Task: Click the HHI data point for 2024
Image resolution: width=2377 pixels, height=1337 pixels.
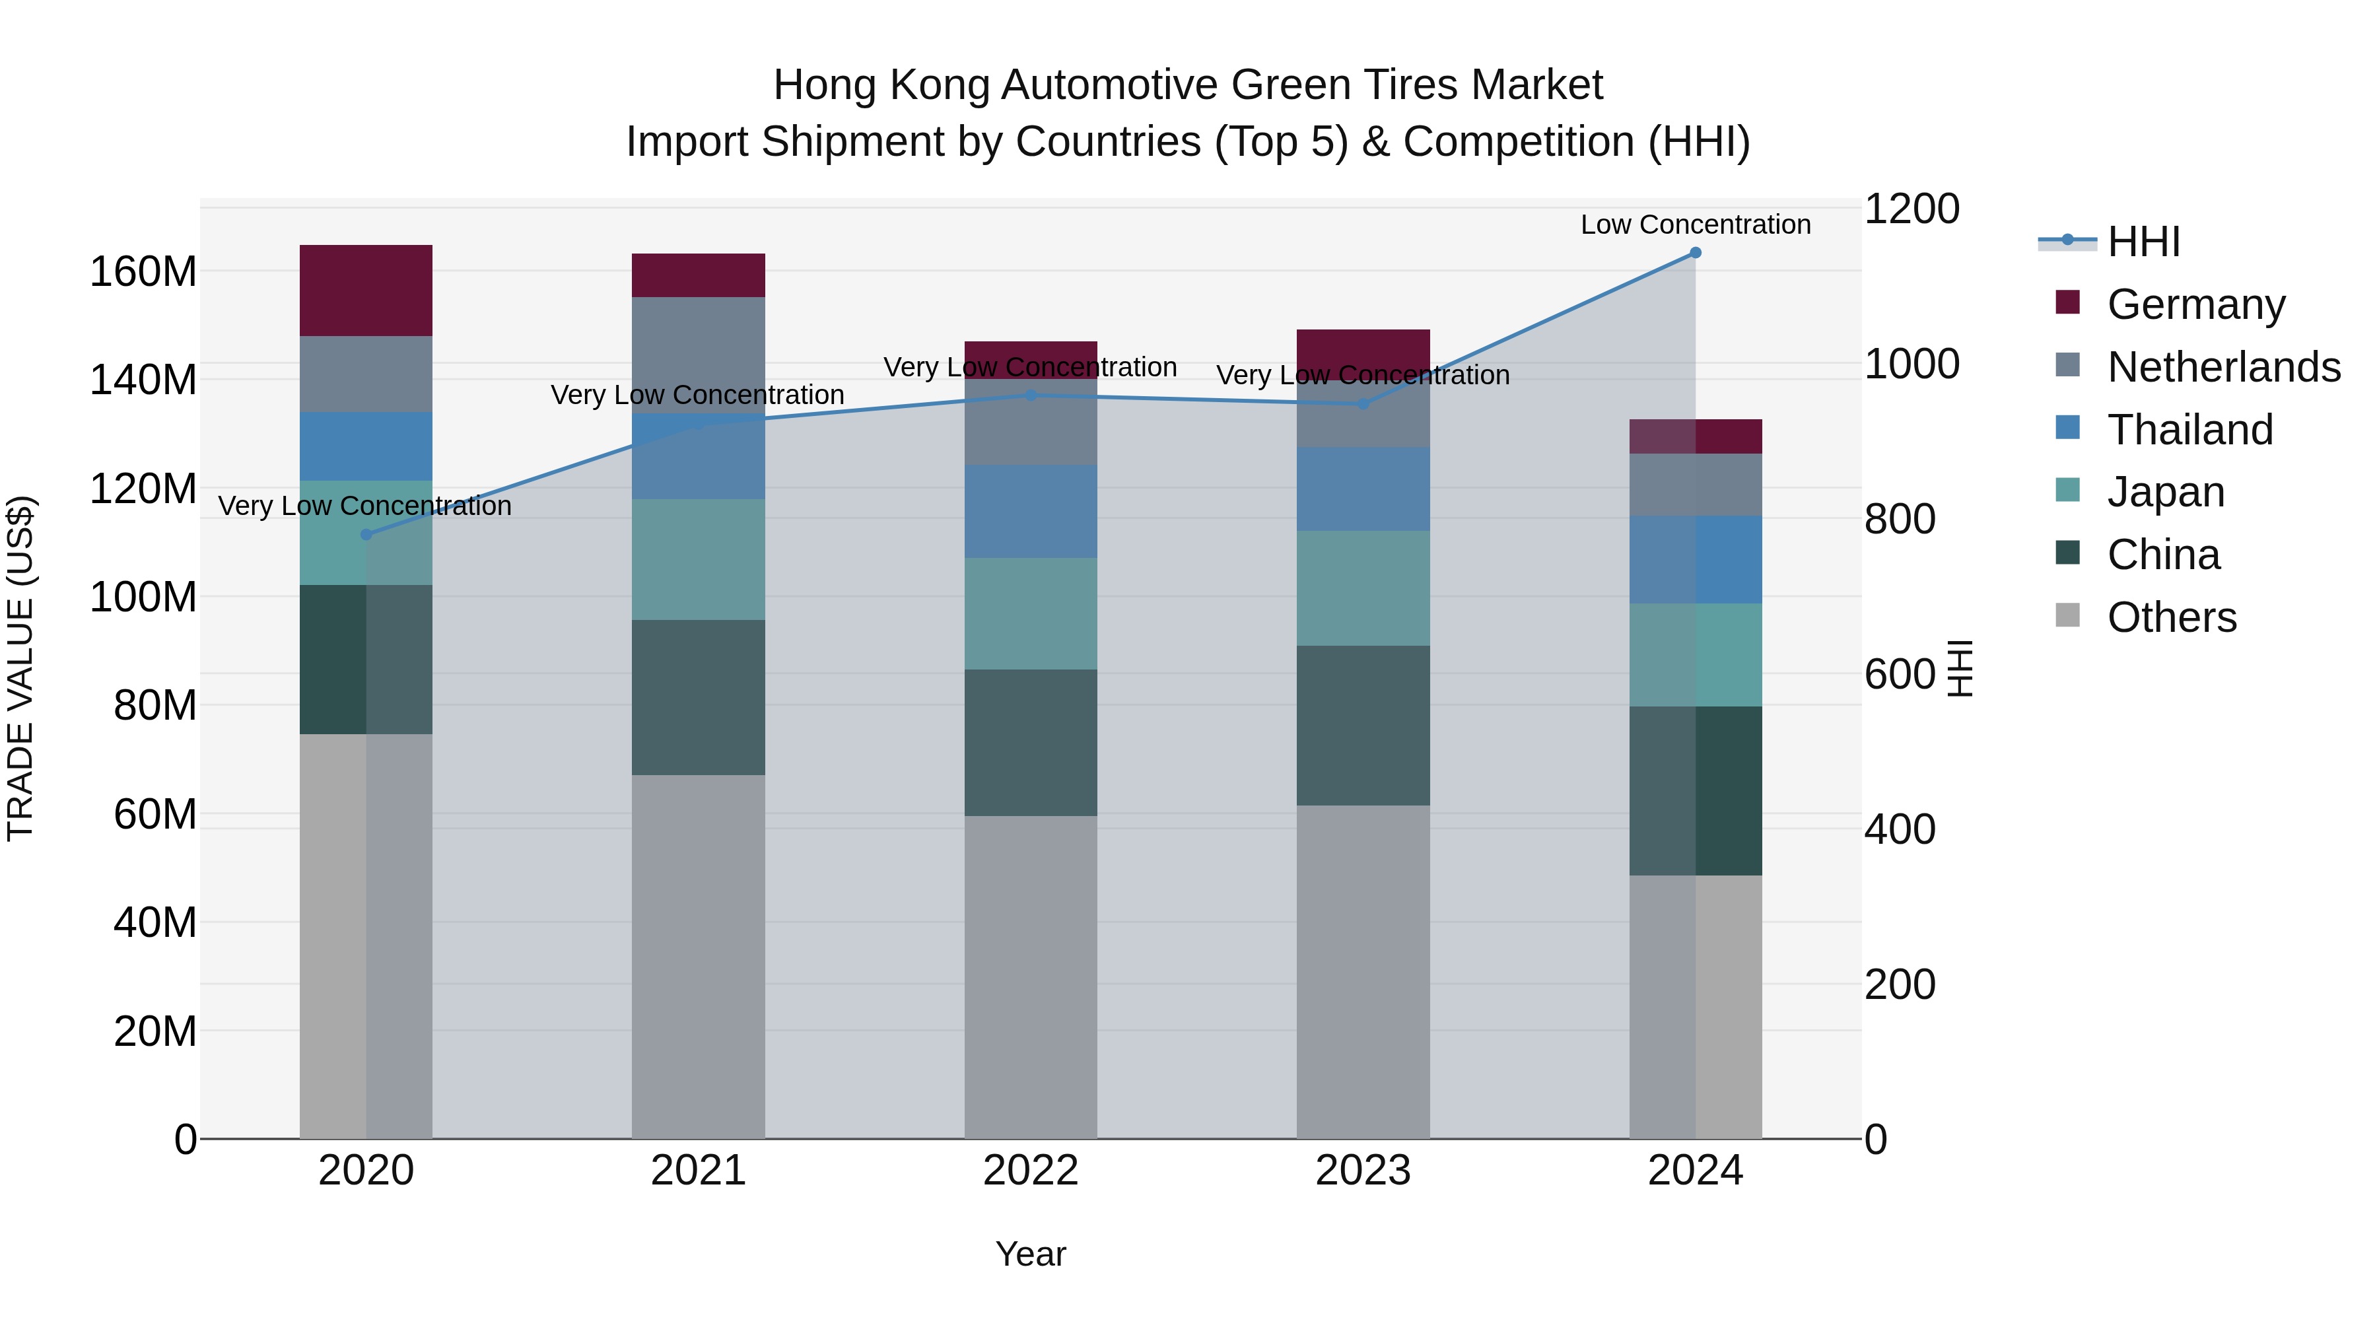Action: (x=1695, y=253)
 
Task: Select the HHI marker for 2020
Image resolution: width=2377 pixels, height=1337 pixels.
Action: (x=366, y=534)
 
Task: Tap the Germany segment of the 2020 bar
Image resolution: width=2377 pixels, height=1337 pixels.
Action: (x=366, y=290)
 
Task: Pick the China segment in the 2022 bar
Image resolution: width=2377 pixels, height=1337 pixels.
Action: (x=1031, y=742)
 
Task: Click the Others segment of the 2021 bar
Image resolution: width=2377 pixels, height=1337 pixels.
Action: (x=699, y=956)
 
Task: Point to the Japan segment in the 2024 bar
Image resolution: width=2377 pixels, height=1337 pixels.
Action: (x=1695, y=654)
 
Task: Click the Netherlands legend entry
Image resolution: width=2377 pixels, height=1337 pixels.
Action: (x=2223, y=366)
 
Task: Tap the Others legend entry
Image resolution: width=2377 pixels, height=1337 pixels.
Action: (x=2171, y=617)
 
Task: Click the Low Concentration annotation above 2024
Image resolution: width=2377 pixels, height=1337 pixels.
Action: (x=1695, y=224)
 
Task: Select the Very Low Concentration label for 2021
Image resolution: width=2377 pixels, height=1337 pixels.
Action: (x=698, y=394)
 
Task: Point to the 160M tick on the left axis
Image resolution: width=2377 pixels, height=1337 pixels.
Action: (x=143, y=271)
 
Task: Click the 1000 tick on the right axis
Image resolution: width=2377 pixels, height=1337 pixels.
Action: (x=1911, y=364)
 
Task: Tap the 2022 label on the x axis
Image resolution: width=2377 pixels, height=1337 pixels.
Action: (x=1031, y=1171)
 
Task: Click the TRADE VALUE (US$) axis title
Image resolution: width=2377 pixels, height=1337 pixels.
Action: (x=20, y=668)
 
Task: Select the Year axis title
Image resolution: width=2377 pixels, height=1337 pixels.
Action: (x=1031, y=1254)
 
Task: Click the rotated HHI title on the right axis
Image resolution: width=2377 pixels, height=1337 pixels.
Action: (x=1959, y=668)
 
